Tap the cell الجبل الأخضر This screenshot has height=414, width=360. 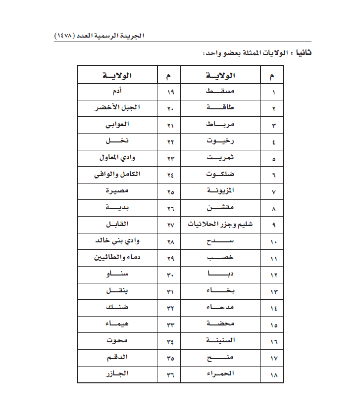click(117, 108)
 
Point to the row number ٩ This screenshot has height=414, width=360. click(274, 226)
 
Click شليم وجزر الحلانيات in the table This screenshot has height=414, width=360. click(220, 225)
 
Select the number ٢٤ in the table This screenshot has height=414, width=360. click(170, 176)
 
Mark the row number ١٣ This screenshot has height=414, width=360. click(274, 292)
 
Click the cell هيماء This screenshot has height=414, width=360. click(118, 324)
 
